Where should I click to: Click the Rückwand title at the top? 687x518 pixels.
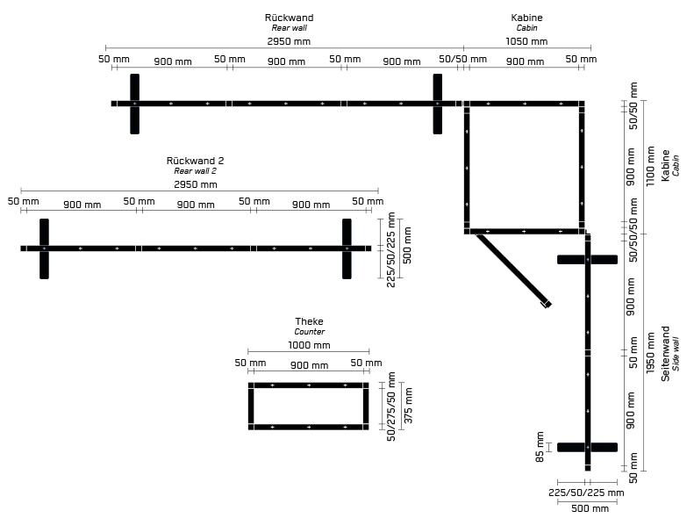coord(289,18)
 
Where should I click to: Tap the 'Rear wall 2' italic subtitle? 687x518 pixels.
coord(195,171)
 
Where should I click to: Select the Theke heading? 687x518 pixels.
coord(309,321)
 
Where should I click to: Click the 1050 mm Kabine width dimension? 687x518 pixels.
coord(526,41)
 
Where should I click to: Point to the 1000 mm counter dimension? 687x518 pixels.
coord(309,345)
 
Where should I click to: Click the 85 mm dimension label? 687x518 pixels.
coord(540,446)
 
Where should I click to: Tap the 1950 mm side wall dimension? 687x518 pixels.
coord(650,353)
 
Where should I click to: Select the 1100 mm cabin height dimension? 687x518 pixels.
coord(650,166)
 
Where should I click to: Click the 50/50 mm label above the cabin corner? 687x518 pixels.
coord(450,60)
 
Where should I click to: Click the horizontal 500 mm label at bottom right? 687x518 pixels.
coord(589,508)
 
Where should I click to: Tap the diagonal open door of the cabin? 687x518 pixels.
coord(513,270)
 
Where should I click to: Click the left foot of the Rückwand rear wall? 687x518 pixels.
coord(134,104)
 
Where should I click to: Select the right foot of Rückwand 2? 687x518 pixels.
coord(347,248)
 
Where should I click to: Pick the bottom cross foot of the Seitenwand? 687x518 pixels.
coord(588,447)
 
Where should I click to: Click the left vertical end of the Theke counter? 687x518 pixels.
coord(251,406)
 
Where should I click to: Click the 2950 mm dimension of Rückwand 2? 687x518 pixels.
coord(196,185)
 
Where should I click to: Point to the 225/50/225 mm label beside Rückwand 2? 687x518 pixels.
coord(391,249)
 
